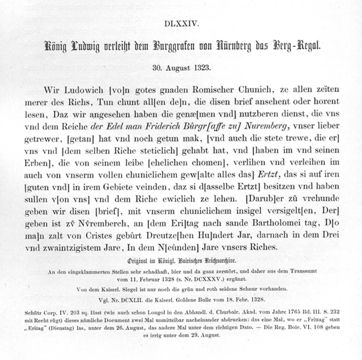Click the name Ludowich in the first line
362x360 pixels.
pos(75,90)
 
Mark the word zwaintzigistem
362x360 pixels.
pos(71,247)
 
